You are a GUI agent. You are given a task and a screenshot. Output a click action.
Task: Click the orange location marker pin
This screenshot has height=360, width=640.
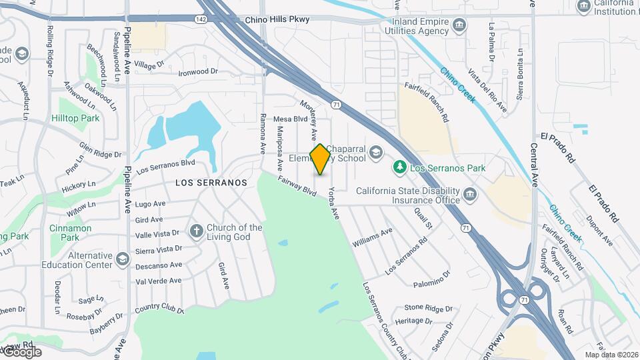point(321,159)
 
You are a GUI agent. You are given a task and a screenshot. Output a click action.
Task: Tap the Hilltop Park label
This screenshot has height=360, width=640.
point(75,118)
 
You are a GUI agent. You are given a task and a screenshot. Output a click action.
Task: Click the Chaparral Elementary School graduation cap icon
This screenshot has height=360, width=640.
point(375,153)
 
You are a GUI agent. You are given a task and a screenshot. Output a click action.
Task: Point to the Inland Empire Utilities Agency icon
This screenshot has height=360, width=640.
point(459,26)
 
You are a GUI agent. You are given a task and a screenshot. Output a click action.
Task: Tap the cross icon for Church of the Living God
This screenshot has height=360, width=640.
point(196,231)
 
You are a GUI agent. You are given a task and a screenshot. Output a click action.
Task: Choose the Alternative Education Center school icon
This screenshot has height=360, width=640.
point(122,259)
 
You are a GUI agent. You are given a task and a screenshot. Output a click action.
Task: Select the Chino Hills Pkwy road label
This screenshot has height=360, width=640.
point(277,20)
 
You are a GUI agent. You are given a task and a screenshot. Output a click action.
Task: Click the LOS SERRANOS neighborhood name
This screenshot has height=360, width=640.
point(211,182)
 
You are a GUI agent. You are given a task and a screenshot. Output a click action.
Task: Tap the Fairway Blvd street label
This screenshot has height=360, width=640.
point(297,185)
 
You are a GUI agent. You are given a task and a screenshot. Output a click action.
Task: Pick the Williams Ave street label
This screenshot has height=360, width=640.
point(372,237)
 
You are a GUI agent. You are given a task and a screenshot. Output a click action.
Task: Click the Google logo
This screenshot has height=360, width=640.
point(22,351)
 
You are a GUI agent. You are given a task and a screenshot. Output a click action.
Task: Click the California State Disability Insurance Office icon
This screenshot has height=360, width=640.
point(471,195)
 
